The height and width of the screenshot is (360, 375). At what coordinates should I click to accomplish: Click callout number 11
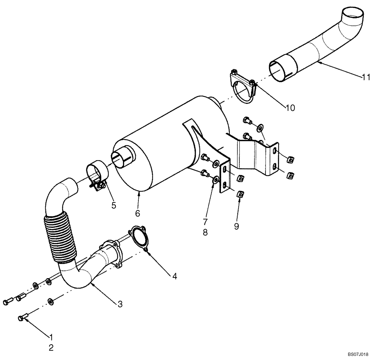(366, 78)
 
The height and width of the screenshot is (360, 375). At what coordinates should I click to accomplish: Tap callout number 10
(290, 108)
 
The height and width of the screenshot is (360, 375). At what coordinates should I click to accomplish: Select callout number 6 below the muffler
(137, 213)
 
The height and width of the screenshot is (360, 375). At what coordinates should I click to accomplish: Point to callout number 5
(113, 205)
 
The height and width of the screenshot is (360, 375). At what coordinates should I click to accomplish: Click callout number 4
(174, 276)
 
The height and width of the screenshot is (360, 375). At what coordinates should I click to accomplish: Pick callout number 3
(120, 304)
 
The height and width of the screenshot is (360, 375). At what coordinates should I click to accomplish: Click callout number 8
(205, 232)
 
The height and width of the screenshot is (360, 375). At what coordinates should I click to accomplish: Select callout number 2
(51, 347)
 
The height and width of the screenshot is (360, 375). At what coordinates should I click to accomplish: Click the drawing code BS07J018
(358, 354)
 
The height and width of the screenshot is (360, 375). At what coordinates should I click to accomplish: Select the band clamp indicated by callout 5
(98, 174)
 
